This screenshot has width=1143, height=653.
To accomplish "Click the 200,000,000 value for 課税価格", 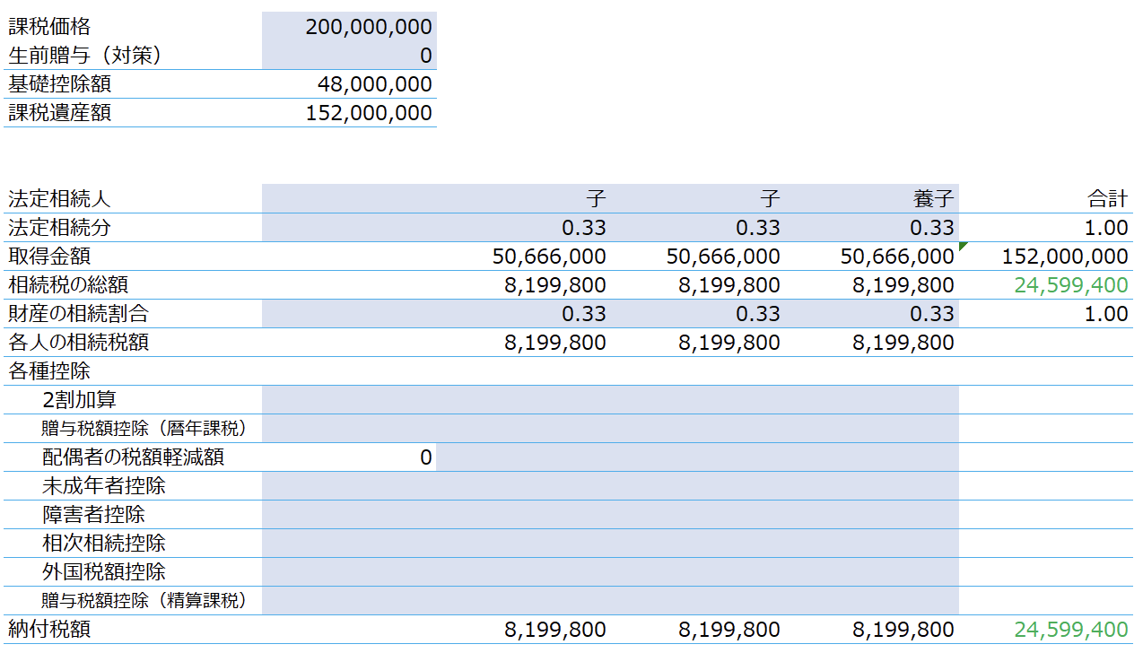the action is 369,27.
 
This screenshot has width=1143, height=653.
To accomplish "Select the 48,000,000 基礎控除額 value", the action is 374,84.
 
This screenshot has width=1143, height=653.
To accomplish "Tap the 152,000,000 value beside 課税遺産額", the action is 369,113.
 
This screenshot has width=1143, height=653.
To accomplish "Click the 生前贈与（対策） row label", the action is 84,55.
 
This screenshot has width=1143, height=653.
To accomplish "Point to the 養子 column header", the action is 933,198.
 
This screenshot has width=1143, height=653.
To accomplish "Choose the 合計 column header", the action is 1107,198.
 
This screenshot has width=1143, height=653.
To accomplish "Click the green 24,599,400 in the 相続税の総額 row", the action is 1070,285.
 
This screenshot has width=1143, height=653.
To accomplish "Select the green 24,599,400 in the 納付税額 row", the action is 1070,630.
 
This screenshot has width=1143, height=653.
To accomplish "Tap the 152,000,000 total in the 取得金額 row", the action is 1065,257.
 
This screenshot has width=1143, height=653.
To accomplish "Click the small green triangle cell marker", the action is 963,246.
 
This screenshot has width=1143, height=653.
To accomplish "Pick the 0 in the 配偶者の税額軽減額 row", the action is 426,457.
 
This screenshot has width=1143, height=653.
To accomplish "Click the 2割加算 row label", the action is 79,399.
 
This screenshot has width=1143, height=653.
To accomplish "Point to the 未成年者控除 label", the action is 104,485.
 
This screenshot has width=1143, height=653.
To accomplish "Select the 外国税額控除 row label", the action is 104,571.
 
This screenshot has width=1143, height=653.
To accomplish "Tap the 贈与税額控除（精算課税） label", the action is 144,600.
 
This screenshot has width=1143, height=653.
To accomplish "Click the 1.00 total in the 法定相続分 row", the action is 1105,228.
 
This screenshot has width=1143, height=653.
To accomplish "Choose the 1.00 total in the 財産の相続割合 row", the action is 1105,314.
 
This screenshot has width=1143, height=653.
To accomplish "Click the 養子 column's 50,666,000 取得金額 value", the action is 897,257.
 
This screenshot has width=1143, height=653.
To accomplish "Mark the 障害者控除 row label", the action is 94,514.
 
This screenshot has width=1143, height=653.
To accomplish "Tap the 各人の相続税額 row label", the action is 79,343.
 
